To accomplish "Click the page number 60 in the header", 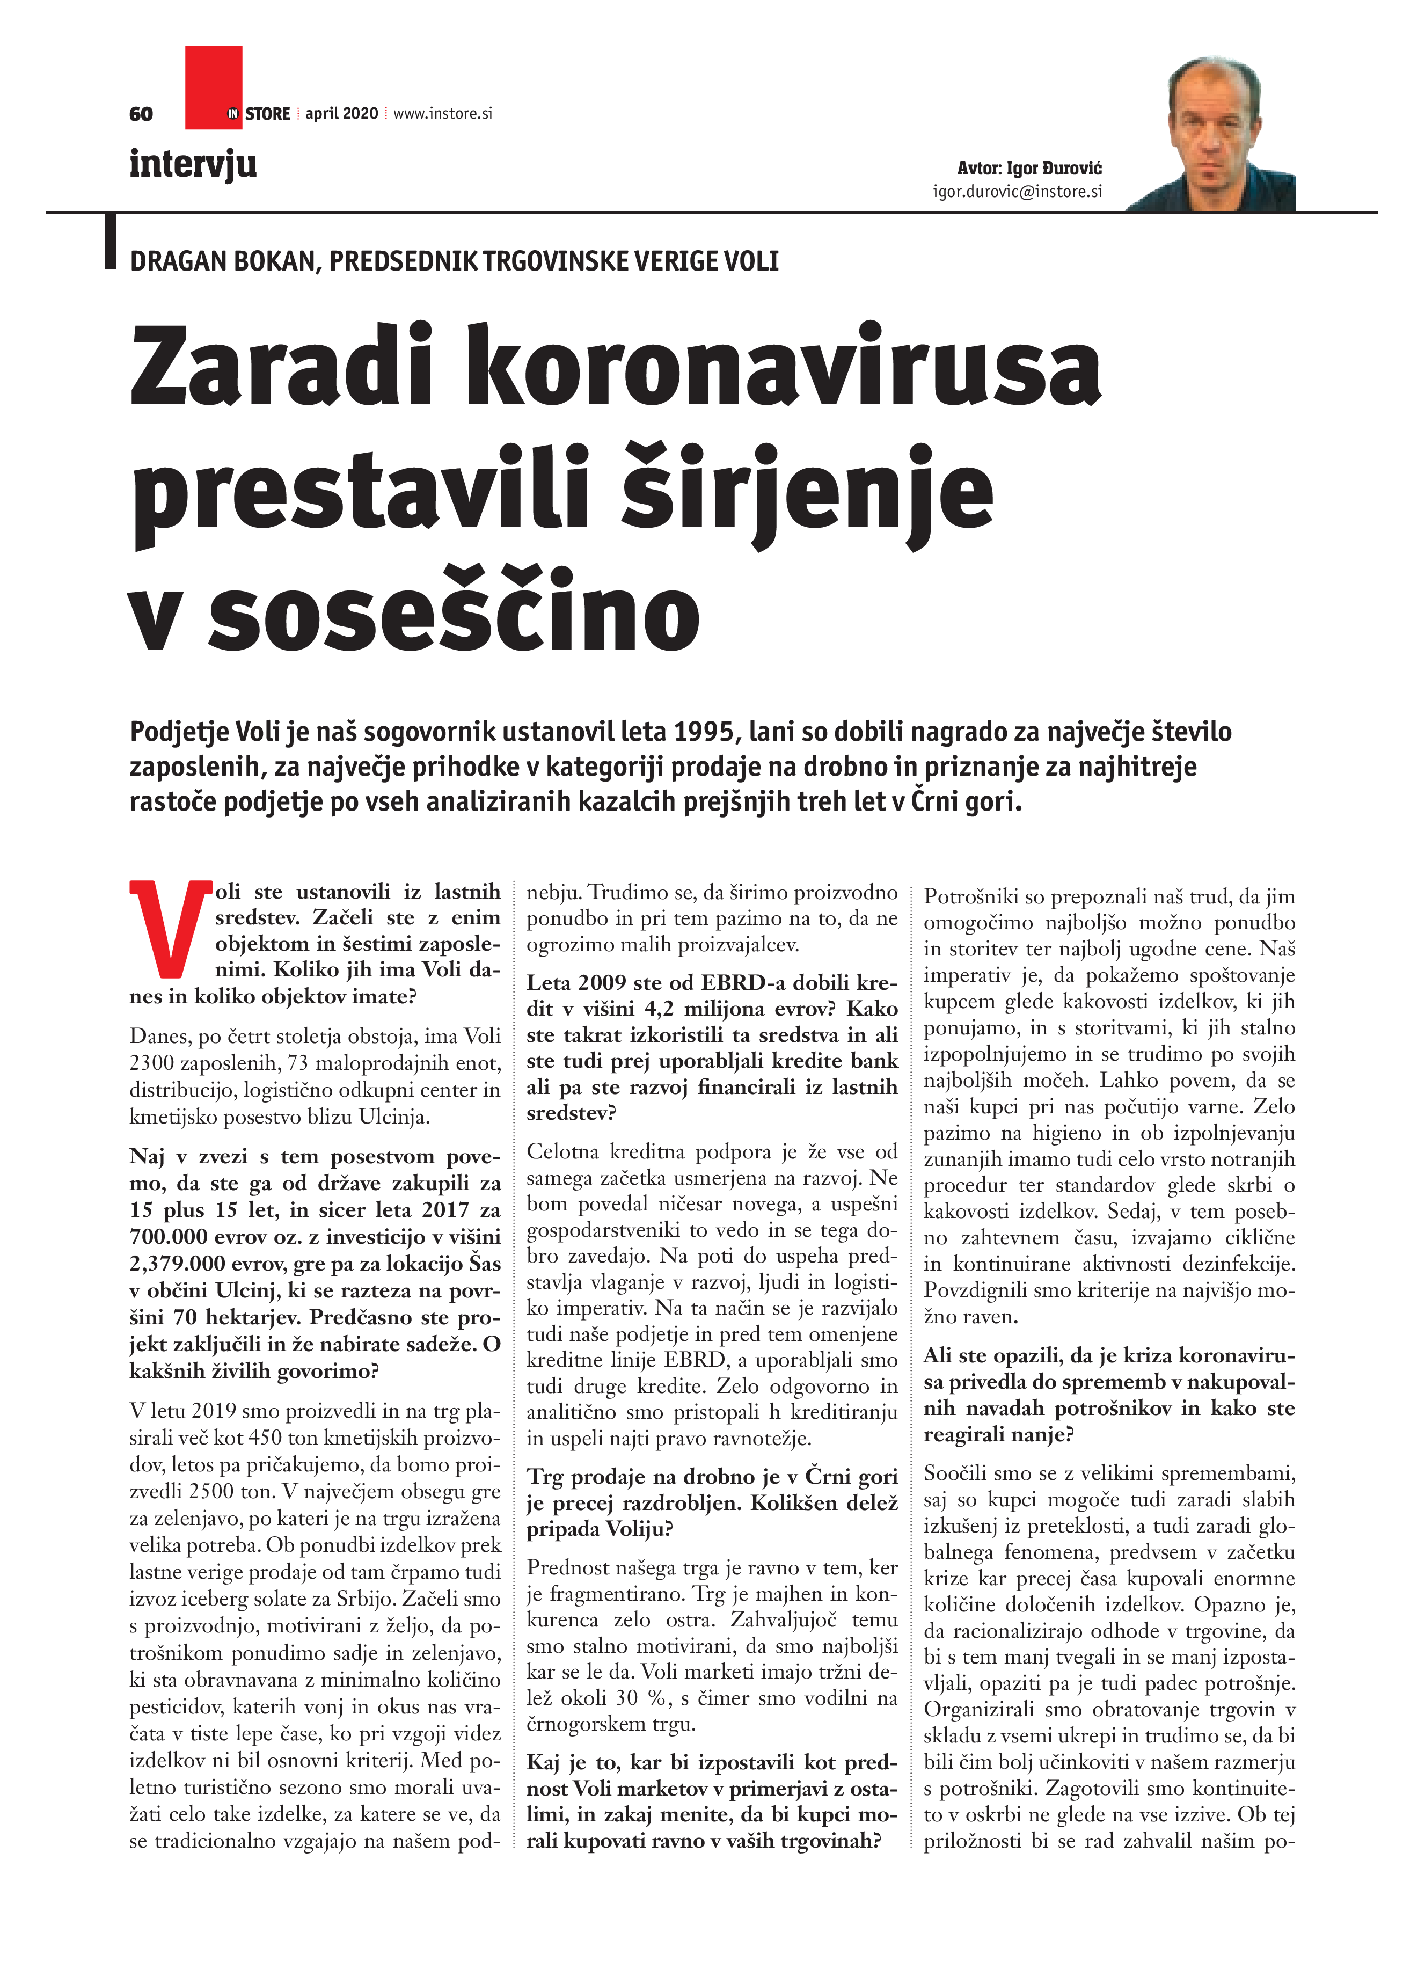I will [140, 114].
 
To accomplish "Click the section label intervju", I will [193, 164].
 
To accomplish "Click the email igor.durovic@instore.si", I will [1017, 192].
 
